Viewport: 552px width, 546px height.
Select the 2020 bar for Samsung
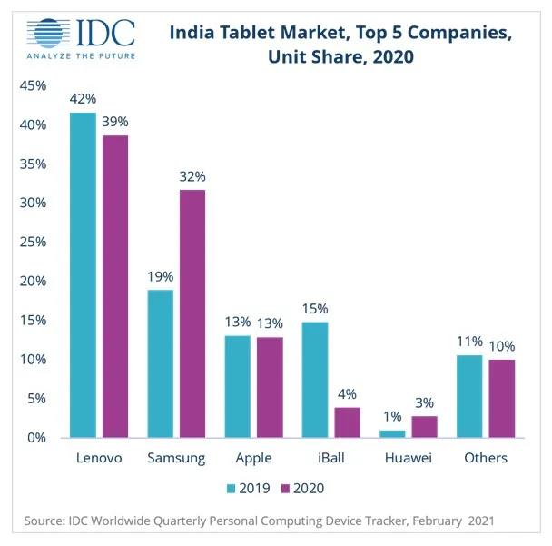point(192,313)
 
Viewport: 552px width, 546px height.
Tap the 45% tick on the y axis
point(32,86)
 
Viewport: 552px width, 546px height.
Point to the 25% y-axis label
point(32,243)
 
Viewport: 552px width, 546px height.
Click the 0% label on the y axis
point(35,438)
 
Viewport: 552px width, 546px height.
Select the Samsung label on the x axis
point(176,457)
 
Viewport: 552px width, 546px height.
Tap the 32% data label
point(192,176)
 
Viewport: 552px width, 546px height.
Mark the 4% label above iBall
point(348,394)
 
